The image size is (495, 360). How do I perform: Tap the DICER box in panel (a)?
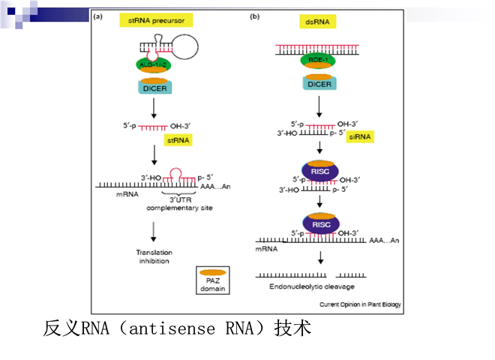pyautogui.click(x=155, y=87)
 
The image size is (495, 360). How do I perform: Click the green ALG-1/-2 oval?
pyautogui.click(x=154, y=65)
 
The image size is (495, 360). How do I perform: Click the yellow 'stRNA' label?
pyautogui.click(x=178, y=139)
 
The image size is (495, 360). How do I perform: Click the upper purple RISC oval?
pyautogui.click(x=320, y=170)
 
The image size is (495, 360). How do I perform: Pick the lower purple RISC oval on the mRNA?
pyautogui.click(x=320, y=223)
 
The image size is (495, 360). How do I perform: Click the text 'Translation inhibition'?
pyautogui.click(x=154, y=256)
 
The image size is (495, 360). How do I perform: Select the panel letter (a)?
pyautogui.click(x=97, y=17)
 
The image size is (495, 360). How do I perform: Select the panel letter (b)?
pyautogui.click(x=254, y=17)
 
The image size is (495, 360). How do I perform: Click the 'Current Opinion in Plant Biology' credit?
pyautogui.click(x=361, y=304)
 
